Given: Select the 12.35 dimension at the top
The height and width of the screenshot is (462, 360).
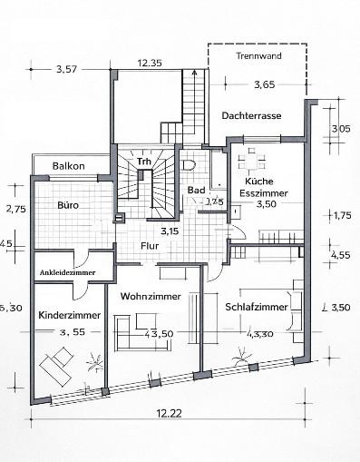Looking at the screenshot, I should [x=150, y=63].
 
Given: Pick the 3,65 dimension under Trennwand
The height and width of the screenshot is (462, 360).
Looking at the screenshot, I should [x=264, y=84].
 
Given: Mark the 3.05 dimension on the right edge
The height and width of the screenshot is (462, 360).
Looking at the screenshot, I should [x=341, y=129].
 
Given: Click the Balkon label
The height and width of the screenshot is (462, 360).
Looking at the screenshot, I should [x=69, y=166].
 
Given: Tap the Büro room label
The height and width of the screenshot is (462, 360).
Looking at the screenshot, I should [x=68, y=206].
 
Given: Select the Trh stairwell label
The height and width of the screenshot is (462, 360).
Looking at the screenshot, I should [x=143, y=162].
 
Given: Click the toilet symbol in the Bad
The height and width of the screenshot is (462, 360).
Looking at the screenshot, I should [x=189, y=165].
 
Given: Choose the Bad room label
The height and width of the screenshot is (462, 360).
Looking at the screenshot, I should [x=196, y=190].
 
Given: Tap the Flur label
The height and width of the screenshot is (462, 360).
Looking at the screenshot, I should [x=150, y=245].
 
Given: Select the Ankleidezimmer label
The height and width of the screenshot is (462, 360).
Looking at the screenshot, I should [x=66, y=272].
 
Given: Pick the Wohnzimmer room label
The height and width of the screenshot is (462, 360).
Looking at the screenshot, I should [x=150, y=297].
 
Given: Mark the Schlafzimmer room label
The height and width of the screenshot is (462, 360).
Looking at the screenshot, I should [x=257, y=308].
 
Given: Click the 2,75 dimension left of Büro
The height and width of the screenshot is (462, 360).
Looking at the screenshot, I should [x=13, y=210].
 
